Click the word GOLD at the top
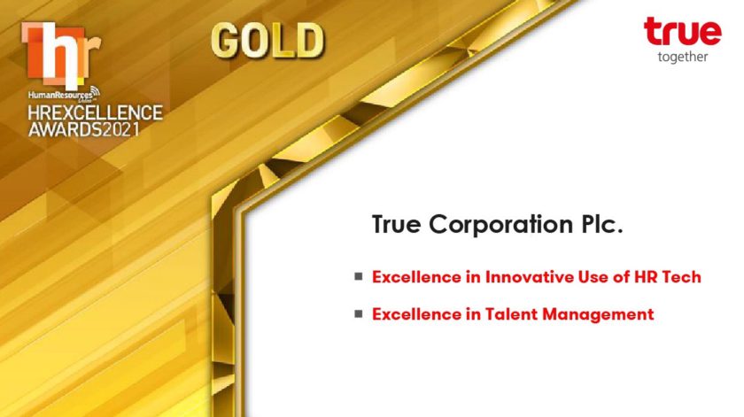click(267, 41)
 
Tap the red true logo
click(682, 31)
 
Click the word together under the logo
click(683, 57)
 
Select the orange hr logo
click(61, 56)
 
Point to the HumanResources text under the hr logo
click(61, 95)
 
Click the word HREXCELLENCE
click(95, 113)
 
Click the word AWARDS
click(65, 129)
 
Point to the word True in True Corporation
click(396, 224)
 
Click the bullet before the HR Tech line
click(358, 276)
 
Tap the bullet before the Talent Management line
click(358, 313)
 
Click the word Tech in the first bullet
click(681, 276)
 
